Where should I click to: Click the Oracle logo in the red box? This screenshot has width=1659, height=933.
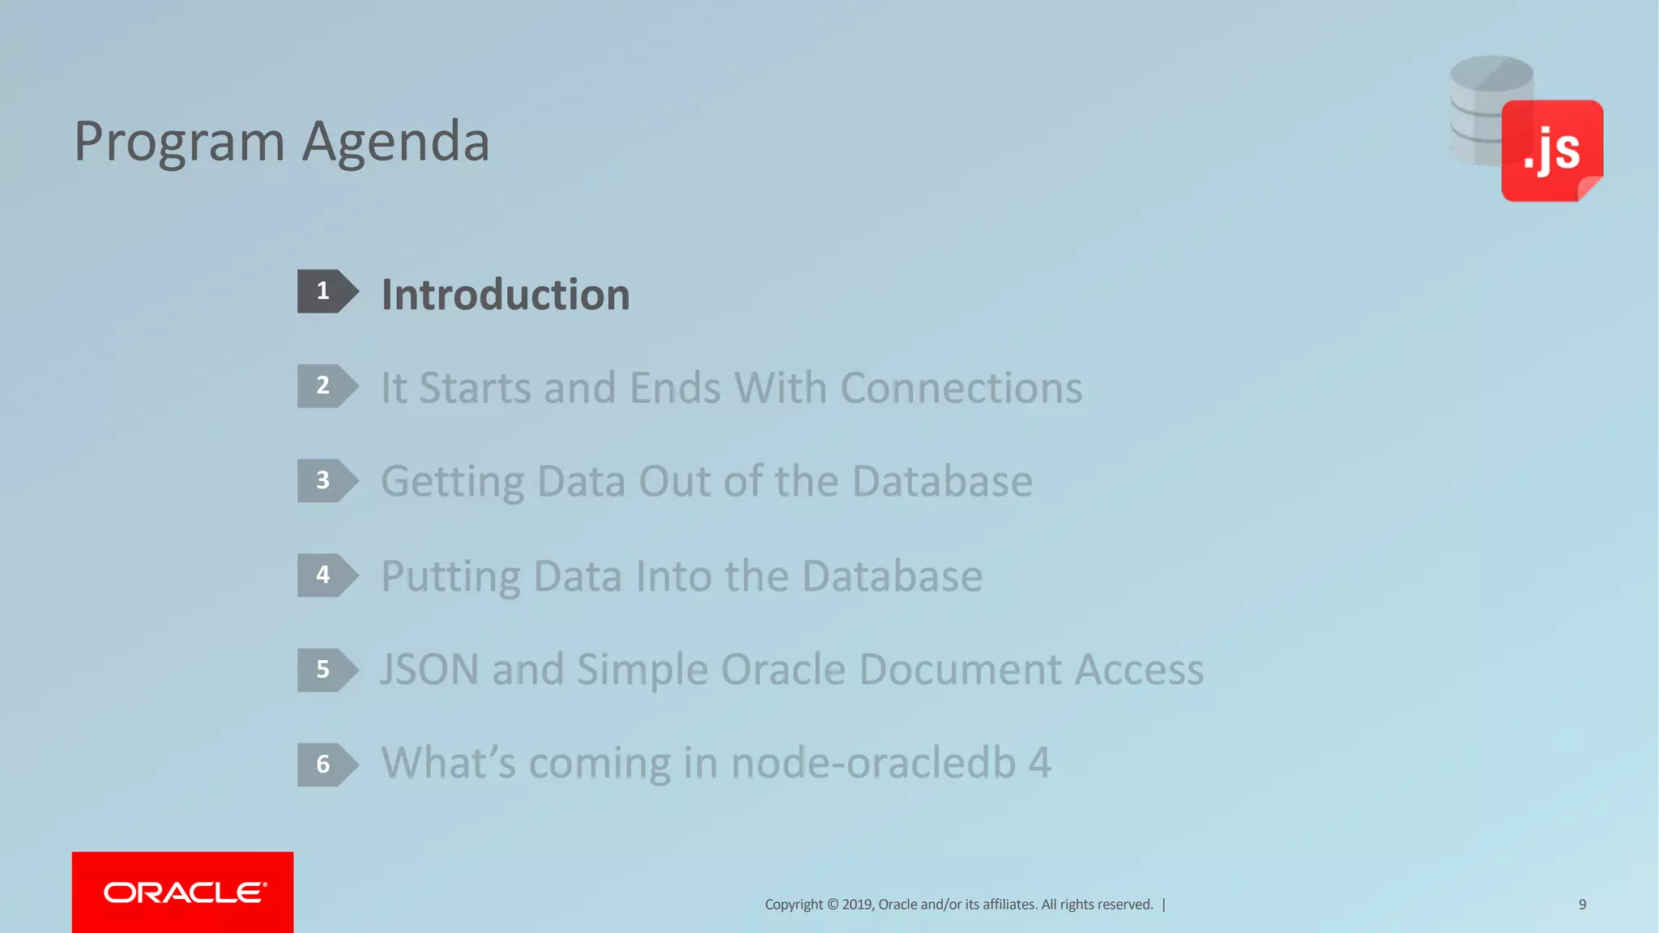(184, 893)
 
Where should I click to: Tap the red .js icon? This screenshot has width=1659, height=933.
(1551, 151)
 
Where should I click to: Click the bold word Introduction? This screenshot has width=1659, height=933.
(505, 295)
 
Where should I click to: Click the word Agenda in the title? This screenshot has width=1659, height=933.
(396, 142)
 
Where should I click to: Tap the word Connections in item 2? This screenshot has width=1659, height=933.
(961, 388)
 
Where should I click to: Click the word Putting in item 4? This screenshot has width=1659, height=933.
(450, 577)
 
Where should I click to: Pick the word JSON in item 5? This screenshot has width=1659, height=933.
(429, 670)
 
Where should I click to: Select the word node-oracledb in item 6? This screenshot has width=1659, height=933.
(873, 763)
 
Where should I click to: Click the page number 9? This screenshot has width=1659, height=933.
(1582, 904)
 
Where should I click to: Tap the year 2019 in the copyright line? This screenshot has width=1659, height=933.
(857, 905)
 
